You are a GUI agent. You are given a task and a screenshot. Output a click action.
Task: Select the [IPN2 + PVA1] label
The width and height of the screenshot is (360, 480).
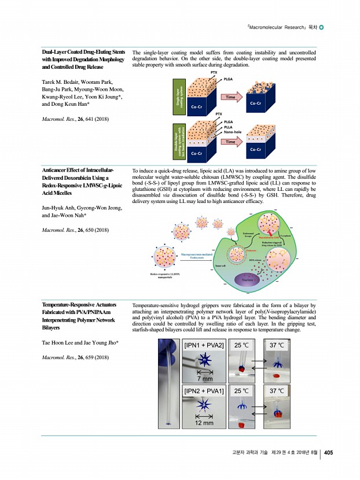tap(204, 391)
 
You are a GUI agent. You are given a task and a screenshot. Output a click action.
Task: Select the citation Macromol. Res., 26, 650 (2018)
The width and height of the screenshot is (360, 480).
tap(73, 230)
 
